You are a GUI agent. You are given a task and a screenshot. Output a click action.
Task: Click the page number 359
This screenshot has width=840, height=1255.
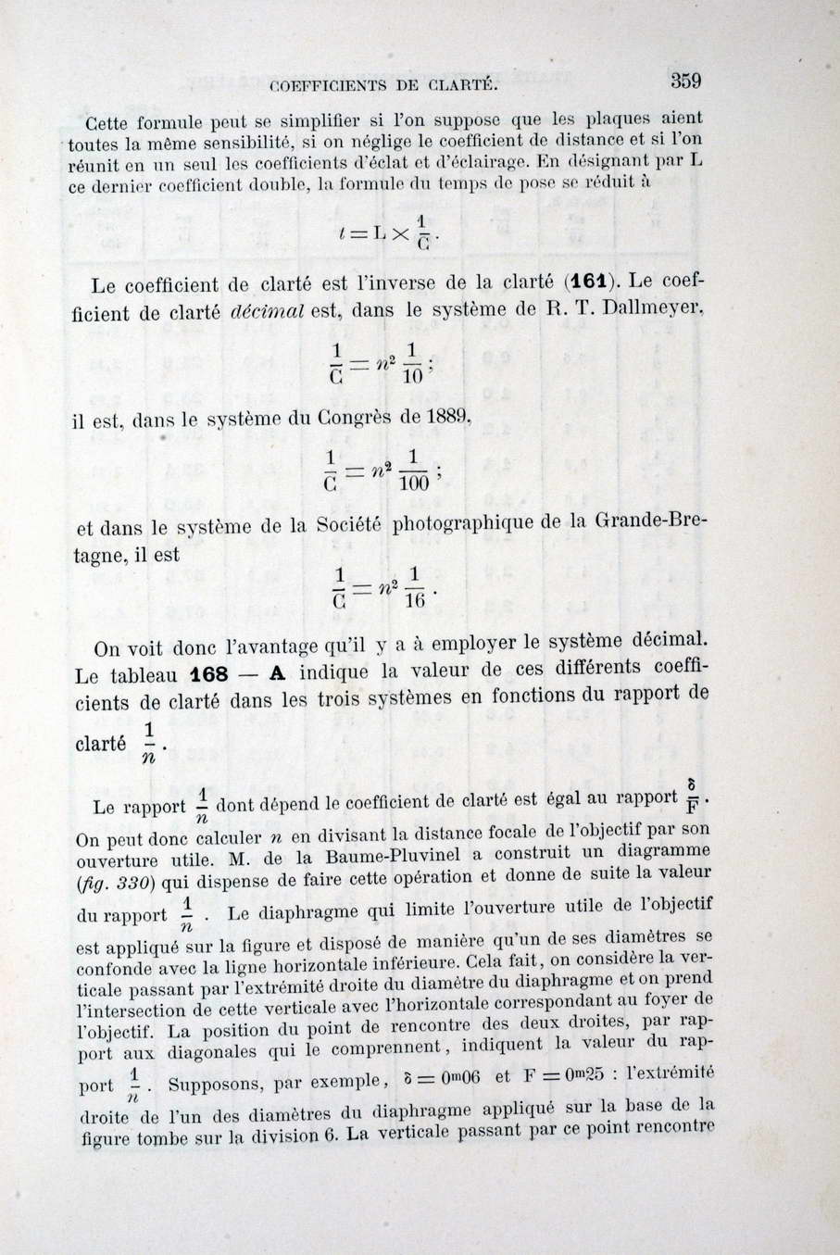pyautogui.click(x=685, y=81)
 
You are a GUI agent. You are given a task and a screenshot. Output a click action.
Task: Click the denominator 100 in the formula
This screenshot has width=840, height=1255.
pyautogui.click(x=414, y=483)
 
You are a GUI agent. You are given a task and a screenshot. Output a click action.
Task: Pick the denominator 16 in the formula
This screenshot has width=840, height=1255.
pyautogui.click(x=414, y=600)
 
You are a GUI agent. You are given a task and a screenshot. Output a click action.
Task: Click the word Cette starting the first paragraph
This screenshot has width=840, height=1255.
pyautogui.click(x=111, y=123)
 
